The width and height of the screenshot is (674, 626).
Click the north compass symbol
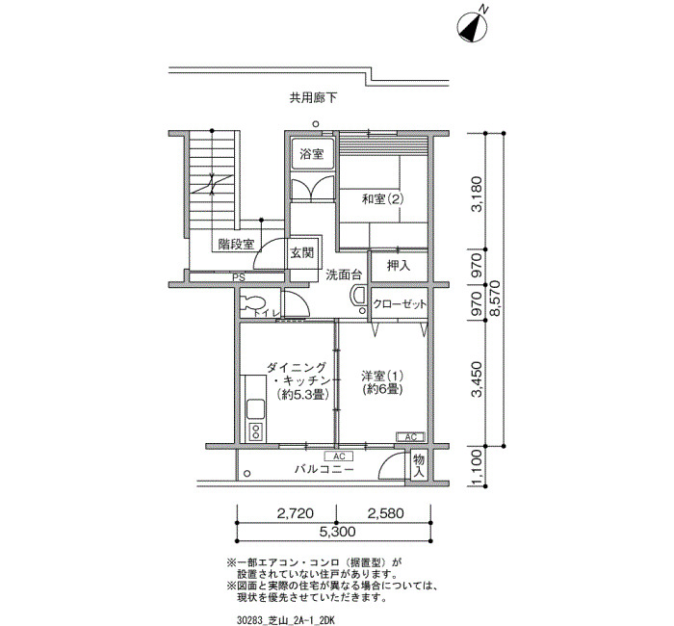tap(473, 27)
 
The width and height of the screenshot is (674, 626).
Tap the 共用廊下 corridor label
tap(313, 98)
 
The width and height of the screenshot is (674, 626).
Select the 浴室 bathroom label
tap(312, 154)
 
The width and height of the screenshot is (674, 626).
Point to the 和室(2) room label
tap(383, 199)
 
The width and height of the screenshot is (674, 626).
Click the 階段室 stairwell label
tap(236, 245)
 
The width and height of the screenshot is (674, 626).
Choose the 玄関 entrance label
tap(302, 252)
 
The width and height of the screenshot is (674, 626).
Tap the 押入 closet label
tap(399, 266)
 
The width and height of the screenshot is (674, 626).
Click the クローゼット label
tap(400, 304)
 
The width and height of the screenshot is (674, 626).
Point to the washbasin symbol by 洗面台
tap(357, 297)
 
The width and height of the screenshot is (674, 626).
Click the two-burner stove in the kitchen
tap(256, 431)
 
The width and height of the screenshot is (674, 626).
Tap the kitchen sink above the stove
tap(255, 409)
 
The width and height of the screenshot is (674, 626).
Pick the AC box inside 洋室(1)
tap(410, 437)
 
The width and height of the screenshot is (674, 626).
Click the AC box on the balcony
tap(339, 456)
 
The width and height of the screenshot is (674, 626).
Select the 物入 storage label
tap(419, 466)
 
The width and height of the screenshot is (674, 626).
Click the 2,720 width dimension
tap(296, 513)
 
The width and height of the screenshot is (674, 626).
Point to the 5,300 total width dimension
tap(337, 532)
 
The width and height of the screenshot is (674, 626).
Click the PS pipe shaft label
tap(239, 278)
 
